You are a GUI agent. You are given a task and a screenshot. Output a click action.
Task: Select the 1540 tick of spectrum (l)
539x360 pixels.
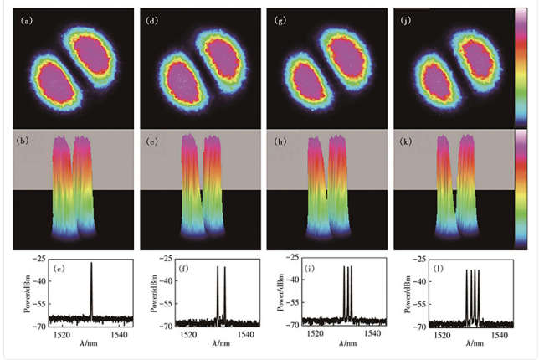(x=501, y=334)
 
